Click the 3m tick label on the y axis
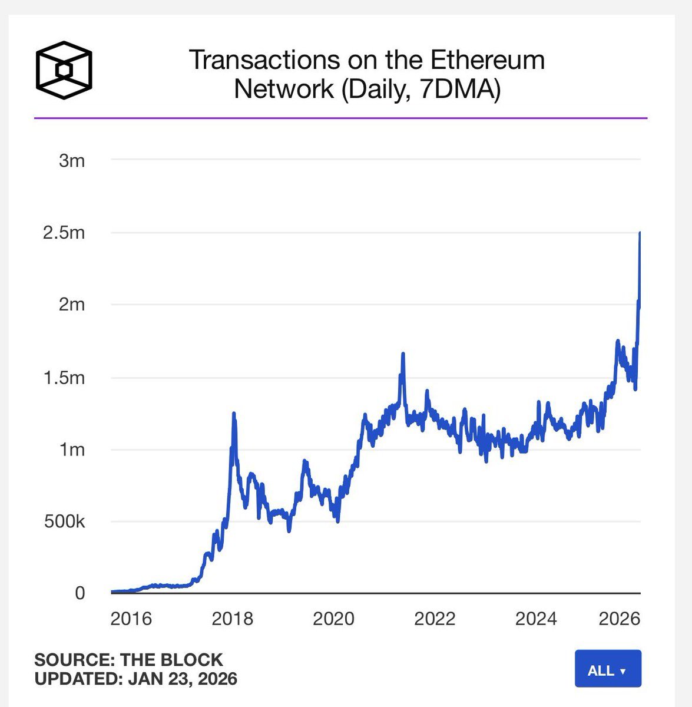(72, 160)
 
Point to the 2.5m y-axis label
(64, 233)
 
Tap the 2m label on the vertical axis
(71, 305)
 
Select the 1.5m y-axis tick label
(64, 378)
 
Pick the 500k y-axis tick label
(64, 522)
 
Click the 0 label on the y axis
(80, 593)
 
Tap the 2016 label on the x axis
(131, 619)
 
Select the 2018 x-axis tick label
(232, 619)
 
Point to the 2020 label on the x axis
(333, 619)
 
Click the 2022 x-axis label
(435, 619)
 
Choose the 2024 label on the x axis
(536, 619)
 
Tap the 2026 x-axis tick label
(619, 619)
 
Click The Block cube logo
(64, 70)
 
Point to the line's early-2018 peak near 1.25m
(234, 414)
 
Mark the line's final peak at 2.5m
(640, 233)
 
